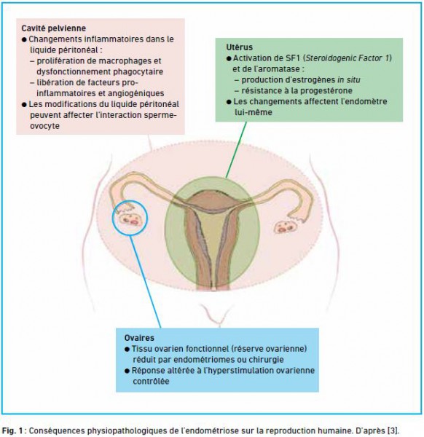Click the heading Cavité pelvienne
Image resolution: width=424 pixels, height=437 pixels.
tap(53, 28)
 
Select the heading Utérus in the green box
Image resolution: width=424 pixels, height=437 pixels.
tap(239, 47)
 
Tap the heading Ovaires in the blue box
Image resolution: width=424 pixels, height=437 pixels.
tap(139, 338)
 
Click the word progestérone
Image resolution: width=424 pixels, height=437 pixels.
tap(326, 91)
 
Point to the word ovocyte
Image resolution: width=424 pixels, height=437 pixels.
tap(44, 126)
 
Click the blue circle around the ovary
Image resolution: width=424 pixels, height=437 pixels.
tap(113, 219)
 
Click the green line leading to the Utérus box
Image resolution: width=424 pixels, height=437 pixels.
tap(236, 150)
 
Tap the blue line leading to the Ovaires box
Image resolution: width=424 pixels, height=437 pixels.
tap(145, 281)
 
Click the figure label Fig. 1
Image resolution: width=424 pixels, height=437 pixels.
tap(12, 430)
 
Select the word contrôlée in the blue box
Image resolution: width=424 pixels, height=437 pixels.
tap(151, 381)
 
